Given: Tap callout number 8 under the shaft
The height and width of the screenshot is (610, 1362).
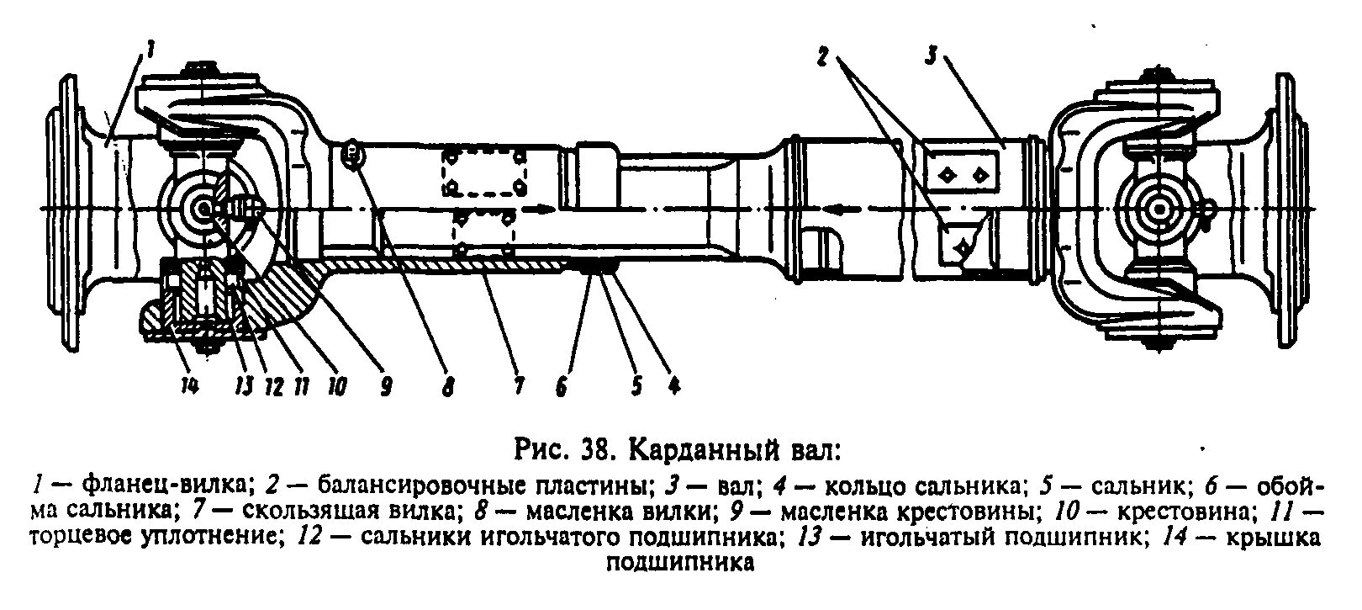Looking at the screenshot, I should pyautogui.click(x=449, y=387).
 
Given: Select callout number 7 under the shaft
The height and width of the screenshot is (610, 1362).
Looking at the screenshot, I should pyautogui.click(x=519, y=387).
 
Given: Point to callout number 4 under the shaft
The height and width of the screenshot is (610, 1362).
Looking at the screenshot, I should pyautogui.click(x=673, y=386).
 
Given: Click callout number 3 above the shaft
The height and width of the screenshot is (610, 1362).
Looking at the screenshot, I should pyautogui.click(x=931, y=56).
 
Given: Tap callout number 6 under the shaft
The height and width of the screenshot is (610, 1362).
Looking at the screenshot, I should pyautogui.click(x=562, y=387).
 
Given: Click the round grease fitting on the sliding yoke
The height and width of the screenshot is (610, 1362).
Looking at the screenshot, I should pyautogui.click(x=353, y=154).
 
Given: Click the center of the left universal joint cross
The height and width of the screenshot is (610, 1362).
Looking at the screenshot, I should pyautogui.click(x=203, y=208).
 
